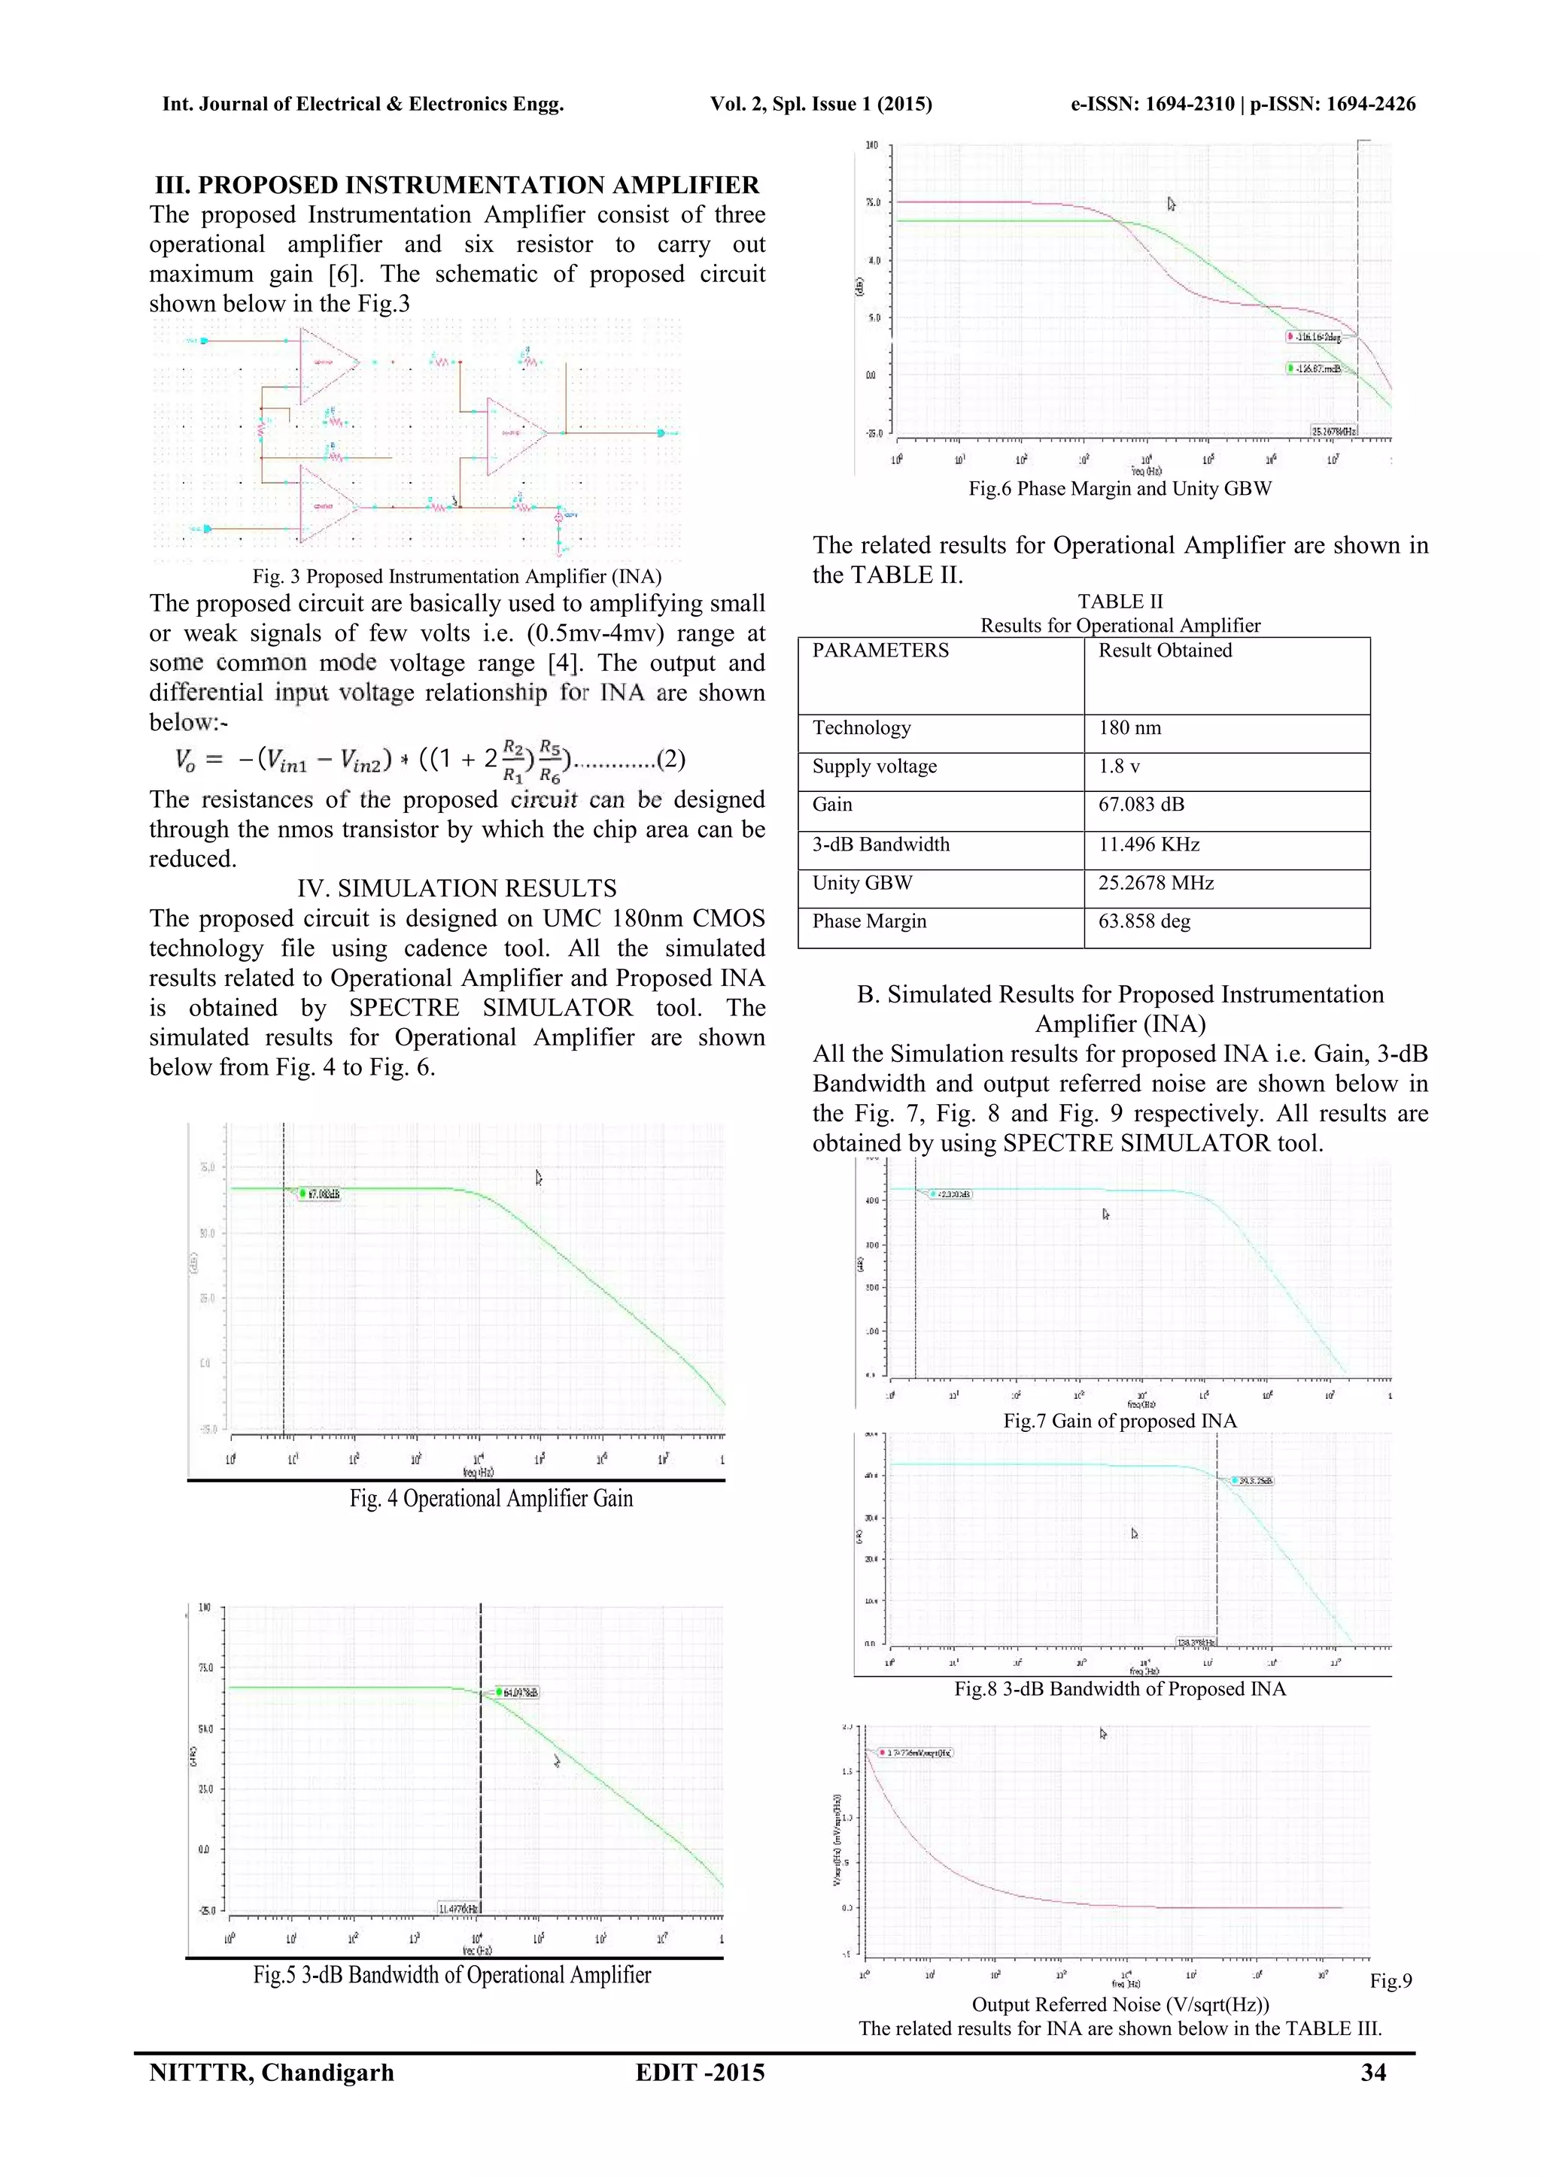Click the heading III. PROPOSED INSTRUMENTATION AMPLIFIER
coord(457,184)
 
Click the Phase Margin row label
coord(868,921)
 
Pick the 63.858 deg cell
coord(1144,921)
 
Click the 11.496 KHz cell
coord(1148,845)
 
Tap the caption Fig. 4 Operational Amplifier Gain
coord(491,1498)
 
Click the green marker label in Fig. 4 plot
coord(320,1194)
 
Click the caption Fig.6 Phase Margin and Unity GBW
coord(1120,489)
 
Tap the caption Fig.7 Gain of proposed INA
coord(1120,1421)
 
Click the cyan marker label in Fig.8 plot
coord(1253,1481)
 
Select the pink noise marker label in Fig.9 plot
coord(916,1753)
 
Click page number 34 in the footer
coord(1372,2073)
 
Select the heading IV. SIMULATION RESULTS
coord(457,889)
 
